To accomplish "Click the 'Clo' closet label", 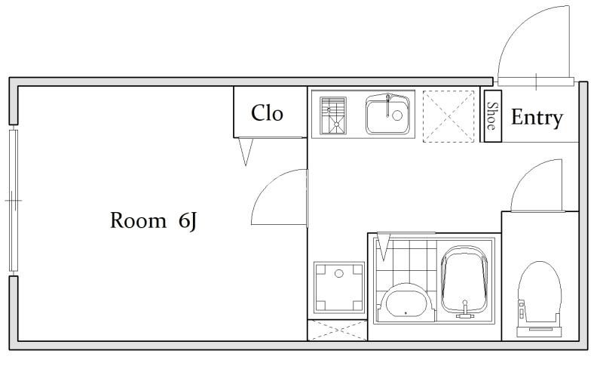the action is (x=267, y=113).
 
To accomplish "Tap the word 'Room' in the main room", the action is (x=139, y=220).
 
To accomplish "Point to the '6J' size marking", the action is (x=188, y=221).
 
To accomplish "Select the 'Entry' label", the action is (x=537, y=118).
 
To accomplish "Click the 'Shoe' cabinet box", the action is (x=492, y=116).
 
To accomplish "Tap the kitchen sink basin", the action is (x=388, y=114).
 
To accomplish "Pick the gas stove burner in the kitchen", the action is (x=333, y=115).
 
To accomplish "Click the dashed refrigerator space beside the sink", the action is (x=448, y=117).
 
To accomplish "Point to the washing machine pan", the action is (x=338, y=288).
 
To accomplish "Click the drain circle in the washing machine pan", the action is (x=338, y=274).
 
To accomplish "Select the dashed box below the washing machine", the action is (x=337, y=331).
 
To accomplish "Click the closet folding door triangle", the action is (x=246, y=151).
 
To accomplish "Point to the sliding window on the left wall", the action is (x=14, y=201).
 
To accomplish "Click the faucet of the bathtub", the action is (x=465, y=310).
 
